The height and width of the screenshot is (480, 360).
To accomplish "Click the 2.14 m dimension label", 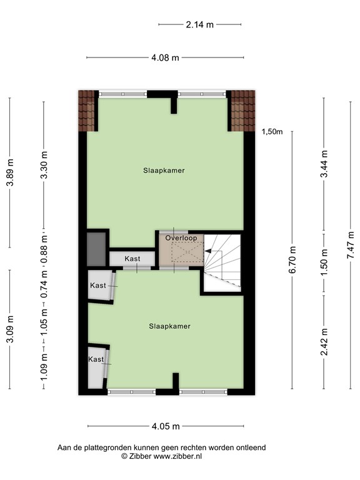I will (x=199, y=25).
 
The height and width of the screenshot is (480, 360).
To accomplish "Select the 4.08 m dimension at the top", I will (x=165, y=58).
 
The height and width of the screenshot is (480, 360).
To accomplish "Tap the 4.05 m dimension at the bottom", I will (x=165, y=427).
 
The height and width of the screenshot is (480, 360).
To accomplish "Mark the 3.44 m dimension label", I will (x=324, y=164).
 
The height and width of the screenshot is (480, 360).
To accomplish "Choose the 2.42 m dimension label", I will (x=324, y=342).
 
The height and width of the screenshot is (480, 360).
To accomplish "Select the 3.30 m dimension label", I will (x=43, y=165).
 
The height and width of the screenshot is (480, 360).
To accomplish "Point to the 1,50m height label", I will (x=272, y=131).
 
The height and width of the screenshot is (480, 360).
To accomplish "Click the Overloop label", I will (x=181, y=238).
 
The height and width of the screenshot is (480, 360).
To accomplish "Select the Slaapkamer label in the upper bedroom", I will (x=164, y=170).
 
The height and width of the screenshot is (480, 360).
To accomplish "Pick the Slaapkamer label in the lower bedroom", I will (x=169, y=326).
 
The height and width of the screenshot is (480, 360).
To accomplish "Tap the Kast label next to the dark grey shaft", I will (x=132, y=259).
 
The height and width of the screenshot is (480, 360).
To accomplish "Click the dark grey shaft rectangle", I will (x=96, y=251).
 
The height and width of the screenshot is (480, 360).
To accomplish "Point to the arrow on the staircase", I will (x=211, y=251).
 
